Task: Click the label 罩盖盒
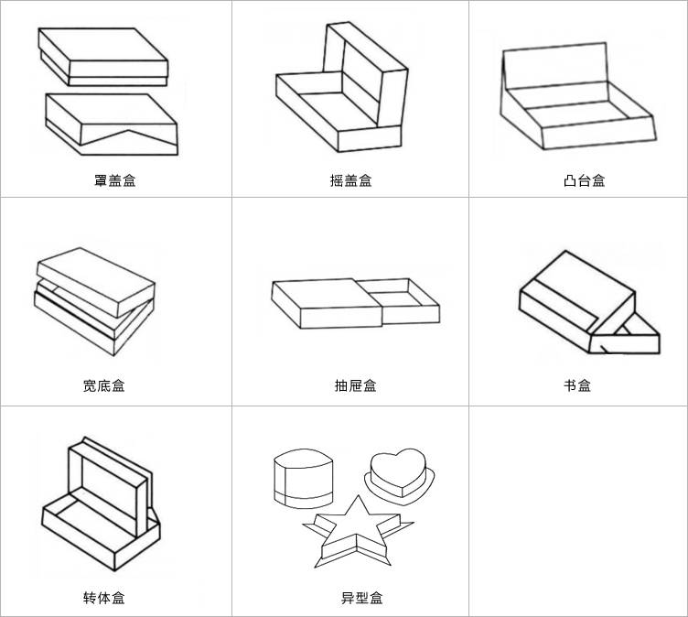(x=114, y=180)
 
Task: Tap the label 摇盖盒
(x=350, y=180)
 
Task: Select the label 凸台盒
(x=584, y=180)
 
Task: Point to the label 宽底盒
(x=103, y=385)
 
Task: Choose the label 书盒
(x=576, y=385)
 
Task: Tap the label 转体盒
(x=103, y=598)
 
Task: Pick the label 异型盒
(x=361, y=598)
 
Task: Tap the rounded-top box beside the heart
(x=304, y=479)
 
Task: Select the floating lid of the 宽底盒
(x=94, y=279)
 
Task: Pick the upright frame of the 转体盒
(x=107, y=486)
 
